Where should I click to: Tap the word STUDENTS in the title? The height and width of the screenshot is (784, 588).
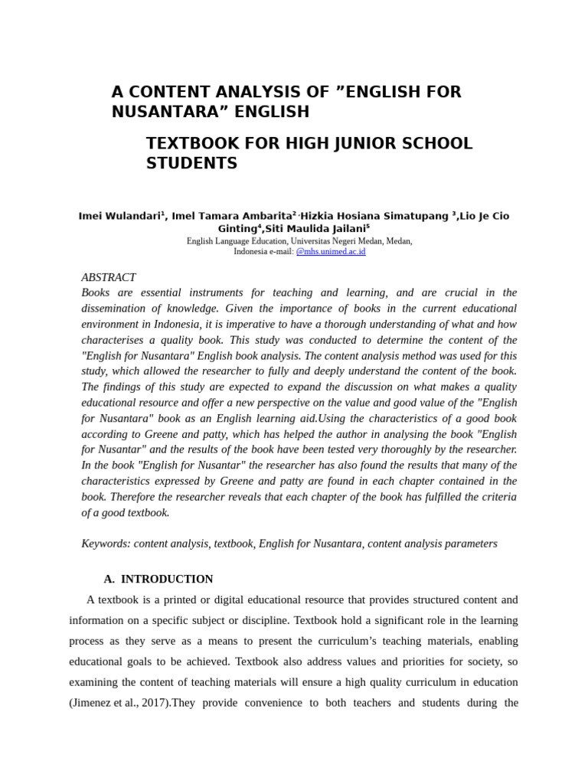[x=191, y=163]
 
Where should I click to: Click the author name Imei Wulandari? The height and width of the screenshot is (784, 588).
[x=119, y=216]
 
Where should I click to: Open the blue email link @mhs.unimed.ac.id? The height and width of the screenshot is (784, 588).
[x=331, y=251]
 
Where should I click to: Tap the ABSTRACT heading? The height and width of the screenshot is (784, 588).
[x=109, y=277]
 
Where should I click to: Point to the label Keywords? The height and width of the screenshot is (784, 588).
[x=106, y=543]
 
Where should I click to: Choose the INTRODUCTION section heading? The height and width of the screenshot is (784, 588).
[x=167, y=579]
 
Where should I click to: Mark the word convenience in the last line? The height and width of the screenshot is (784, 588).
[x=265, y=702]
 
